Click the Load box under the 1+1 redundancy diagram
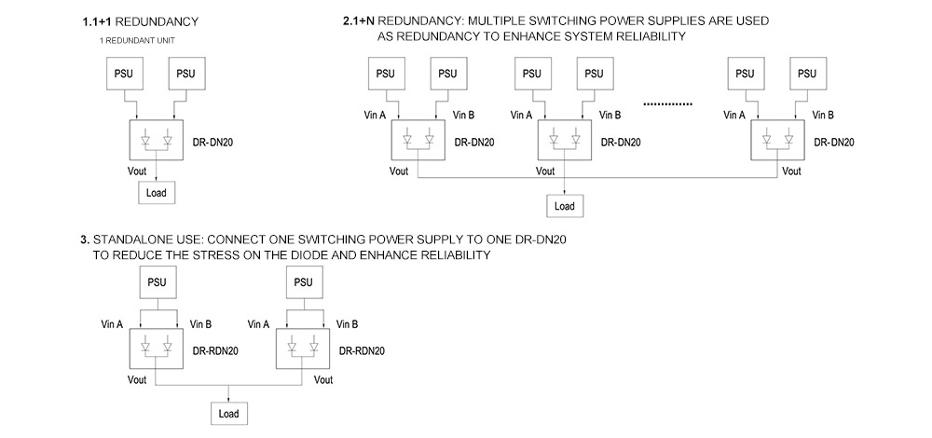[x=155, y=193]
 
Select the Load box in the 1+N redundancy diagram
[x=565, y=206]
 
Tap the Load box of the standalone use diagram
[x=228, y=413]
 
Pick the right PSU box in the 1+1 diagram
[x=186, y=74]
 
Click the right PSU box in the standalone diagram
[x=303, y=282]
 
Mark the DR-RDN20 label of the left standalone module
[x=215, y=351]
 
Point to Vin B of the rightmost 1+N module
[x=824, y=116]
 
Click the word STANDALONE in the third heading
[x=137, y=240]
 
